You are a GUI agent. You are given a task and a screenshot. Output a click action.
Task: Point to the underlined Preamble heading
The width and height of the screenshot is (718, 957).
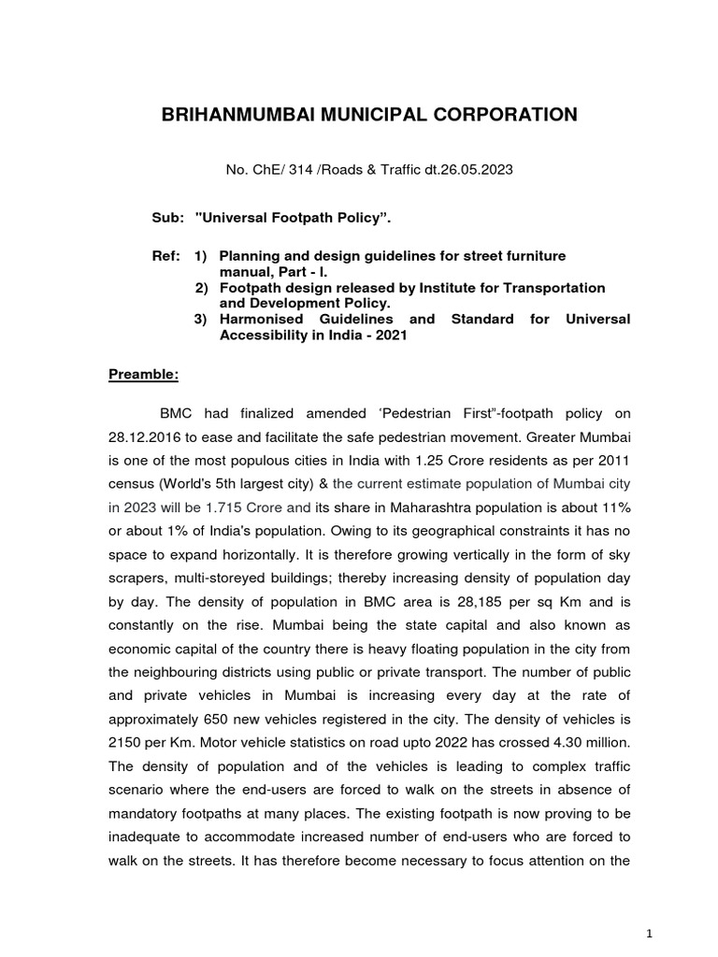tap(140, 376)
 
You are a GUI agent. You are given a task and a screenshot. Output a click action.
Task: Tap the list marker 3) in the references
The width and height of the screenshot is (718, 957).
tap(200, 319)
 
